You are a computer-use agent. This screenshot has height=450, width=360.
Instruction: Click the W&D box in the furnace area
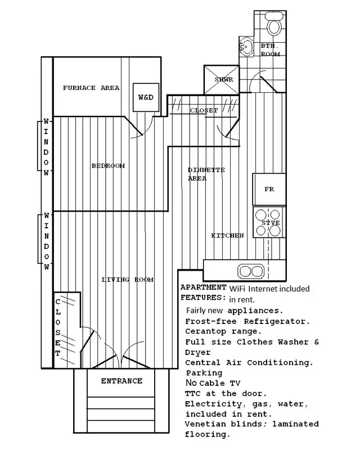145,97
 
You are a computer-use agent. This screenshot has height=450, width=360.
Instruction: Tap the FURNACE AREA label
91,88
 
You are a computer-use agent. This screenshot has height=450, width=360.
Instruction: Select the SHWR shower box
223,80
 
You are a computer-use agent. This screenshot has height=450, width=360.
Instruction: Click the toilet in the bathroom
275,26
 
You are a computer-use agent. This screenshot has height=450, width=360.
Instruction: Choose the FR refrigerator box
269,190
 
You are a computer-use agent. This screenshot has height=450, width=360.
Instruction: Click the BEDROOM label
108,166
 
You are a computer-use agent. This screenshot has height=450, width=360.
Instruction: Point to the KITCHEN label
227,235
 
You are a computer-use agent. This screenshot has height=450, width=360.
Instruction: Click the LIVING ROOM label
127,280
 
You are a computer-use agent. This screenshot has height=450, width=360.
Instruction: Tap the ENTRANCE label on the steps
121,381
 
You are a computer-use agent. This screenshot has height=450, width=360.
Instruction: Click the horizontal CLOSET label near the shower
203,110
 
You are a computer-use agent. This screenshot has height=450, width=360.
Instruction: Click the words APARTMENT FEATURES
202,291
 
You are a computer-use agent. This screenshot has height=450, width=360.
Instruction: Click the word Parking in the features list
203,372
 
